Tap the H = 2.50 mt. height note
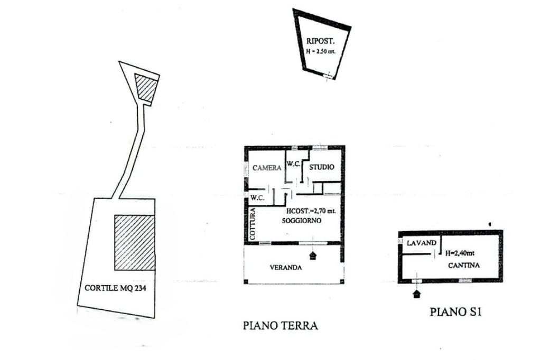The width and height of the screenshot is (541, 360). pyautogui.click(x=321, y=51)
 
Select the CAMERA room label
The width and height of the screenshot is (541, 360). pyautogui.click(x=267, y=168)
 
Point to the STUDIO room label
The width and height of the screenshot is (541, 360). pyautogui.click(x=321, y=167)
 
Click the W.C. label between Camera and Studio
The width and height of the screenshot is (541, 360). pyautogui.click(x=294, y=164)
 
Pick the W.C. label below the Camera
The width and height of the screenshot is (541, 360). pyautogui.click(x=257, y=198)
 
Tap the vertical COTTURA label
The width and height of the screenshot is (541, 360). pyautogui.click(x=253, y=224)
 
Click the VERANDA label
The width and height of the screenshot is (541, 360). pyautogui.click(x=286, y=268)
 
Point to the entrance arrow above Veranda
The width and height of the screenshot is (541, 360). pyautogui.click(x=314, y=255)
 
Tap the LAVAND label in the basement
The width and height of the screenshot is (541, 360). pyautogui.click(x=421, y=243)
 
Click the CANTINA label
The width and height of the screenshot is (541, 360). pyautogui.click(x=464, y=266)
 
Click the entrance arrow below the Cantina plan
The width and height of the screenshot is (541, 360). pyautogui.click(x=417, y=292)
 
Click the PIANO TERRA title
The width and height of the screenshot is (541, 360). pyautogui.click(x=280, y=325)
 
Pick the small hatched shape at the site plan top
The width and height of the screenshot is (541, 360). pyautogui.click(x=145, y=88)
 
